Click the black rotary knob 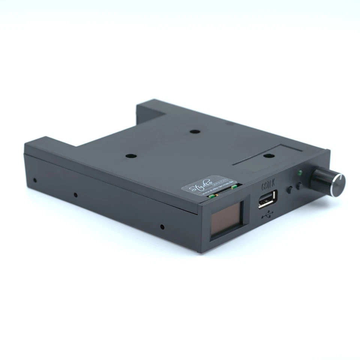click(327, 181)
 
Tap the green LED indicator click(299, 173)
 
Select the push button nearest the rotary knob click(300, 186)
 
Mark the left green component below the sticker click(211, 195)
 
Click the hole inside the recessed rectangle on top click(267, 156)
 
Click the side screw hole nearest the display click(162, 226)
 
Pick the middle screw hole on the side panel click(75, 195)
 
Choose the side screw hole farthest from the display click(34, 180)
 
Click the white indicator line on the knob click(340, 177)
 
